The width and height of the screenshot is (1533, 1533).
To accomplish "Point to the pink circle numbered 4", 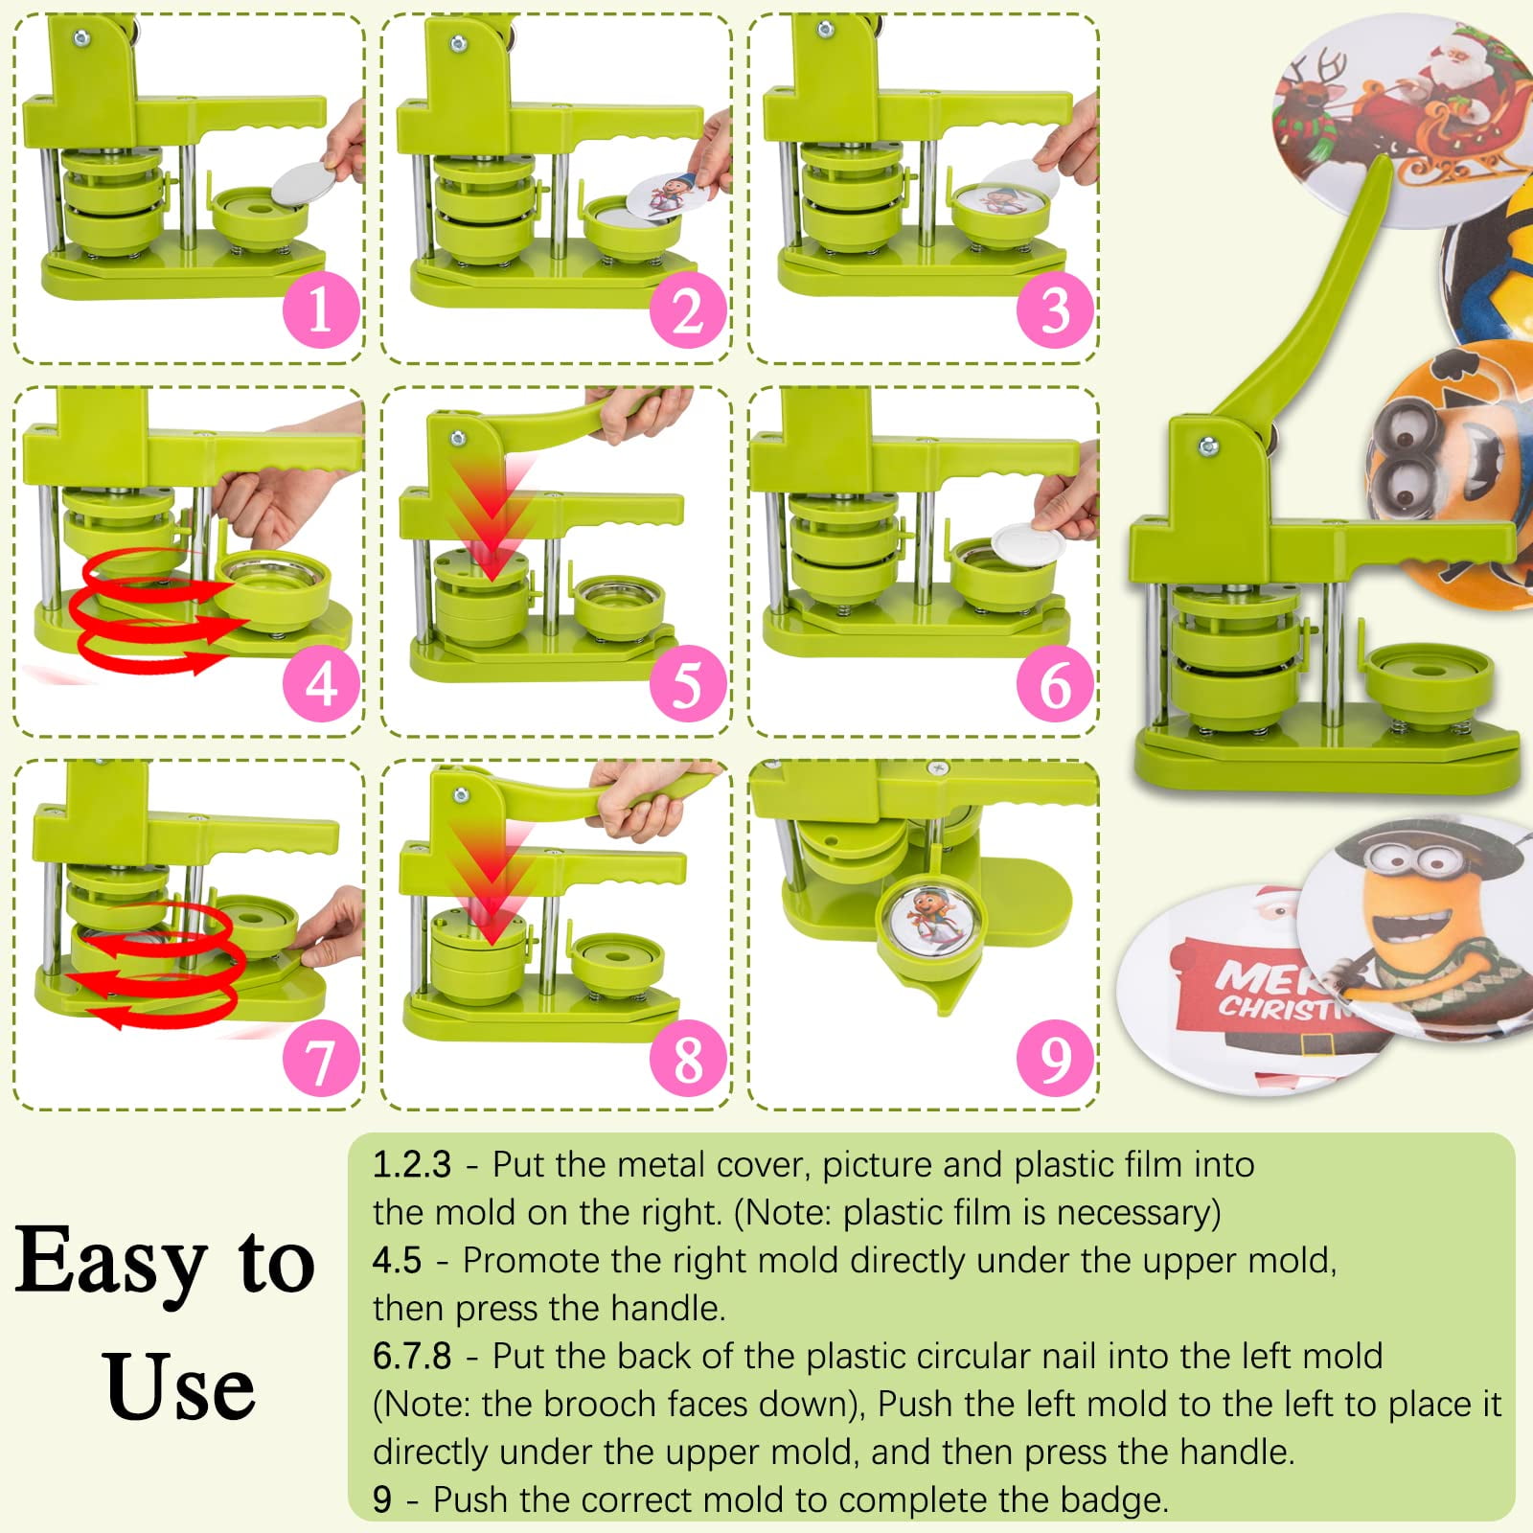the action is click(x=321, y=684).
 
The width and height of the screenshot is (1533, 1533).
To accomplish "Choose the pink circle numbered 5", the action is click(x=688, y=684).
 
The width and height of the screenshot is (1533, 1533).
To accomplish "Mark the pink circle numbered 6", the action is click(x=1055, y=684).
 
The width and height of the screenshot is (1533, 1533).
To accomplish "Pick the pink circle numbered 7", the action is click(x=321, y=1059).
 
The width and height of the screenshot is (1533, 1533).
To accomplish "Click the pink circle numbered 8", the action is click(x=688, y=1059).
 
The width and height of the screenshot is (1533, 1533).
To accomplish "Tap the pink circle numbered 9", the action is click(x=1055, y=1059).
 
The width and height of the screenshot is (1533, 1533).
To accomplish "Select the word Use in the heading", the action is click(x=180, y=1385).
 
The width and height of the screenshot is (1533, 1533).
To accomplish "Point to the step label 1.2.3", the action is click(x=411, y=1164).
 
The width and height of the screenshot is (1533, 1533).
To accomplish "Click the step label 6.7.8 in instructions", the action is click(x=412, y=1356).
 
